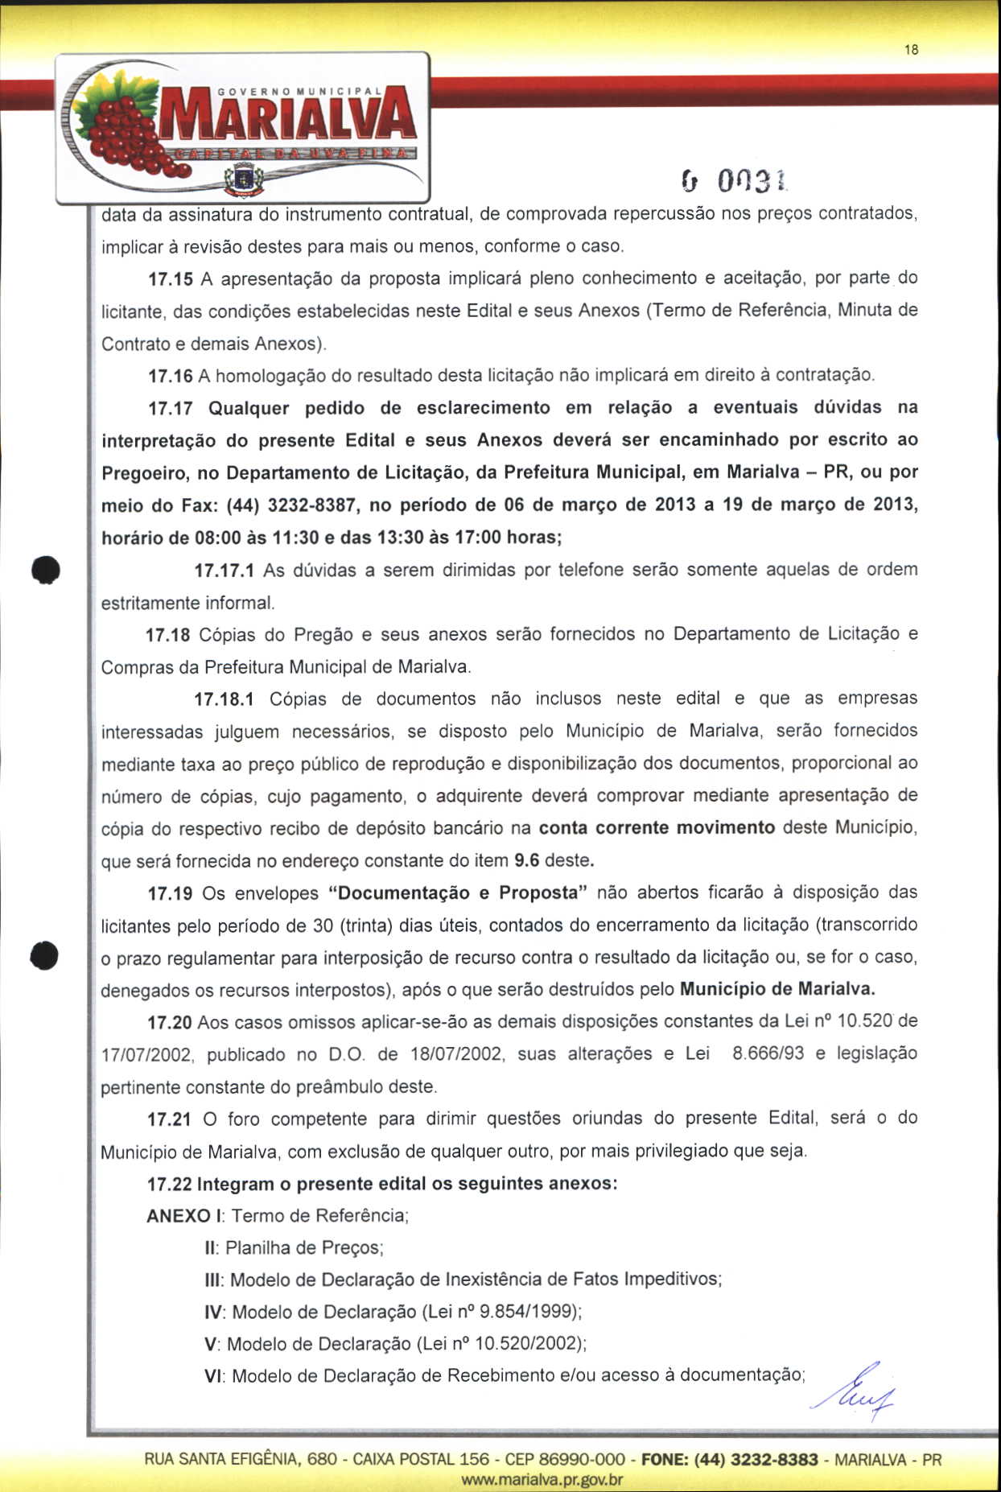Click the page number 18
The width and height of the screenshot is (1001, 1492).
tap(911, 50)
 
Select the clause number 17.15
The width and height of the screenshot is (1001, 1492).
tap(171, 279)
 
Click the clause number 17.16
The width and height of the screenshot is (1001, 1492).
tap(171, 376)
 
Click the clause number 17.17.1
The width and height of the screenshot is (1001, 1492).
tap(225, 571)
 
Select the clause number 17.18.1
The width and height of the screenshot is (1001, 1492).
tap(225, 699)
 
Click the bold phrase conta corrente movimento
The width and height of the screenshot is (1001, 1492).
tap(657, 828)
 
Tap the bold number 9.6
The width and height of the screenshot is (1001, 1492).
tap(526, 860)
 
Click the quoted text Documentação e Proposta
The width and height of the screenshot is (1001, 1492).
tap(459, 893)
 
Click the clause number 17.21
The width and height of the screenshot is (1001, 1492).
tap(169, 1119)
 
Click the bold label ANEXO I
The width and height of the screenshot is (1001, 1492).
tap(184, 1216)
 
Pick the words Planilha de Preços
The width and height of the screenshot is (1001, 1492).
tap(304, 1248)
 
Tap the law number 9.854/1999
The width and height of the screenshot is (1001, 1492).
tap(527, 1313)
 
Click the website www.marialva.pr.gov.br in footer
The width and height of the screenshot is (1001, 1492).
tap(542, 1479)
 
